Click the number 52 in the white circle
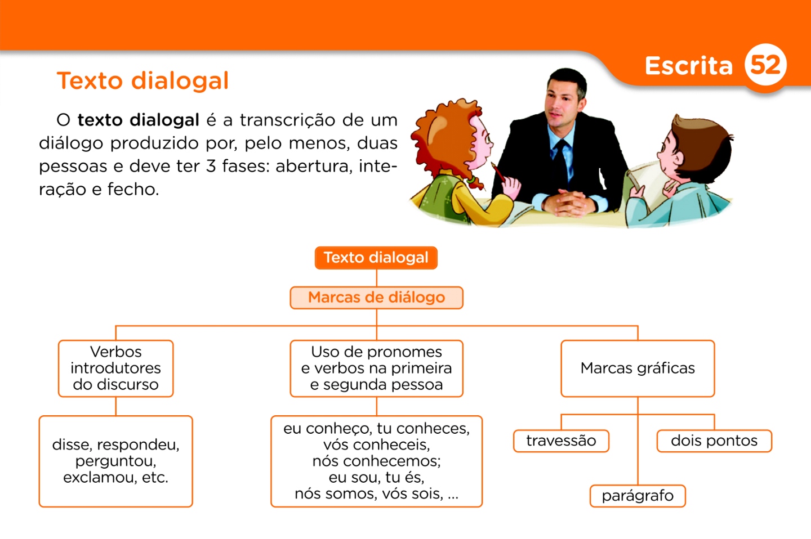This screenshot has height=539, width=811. point(765,65)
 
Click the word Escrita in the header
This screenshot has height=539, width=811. point(688,66)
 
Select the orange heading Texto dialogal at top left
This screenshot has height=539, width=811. point(142,80)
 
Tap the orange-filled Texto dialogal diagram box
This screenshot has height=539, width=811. point(376,258)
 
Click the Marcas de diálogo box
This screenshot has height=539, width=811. point(376,298)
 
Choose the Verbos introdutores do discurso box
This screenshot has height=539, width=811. point(115,368)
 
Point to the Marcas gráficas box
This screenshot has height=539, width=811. point(638,368)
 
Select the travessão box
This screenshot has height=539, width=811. point(561,441)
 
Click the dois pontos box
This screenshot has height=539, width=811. point(714,441)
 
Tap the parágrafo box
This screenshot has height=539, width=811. point(638,496)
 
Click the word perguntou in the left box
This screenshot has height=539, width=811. point(115,461)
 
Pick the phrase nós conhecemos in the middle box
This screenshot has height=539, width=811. point(376,461)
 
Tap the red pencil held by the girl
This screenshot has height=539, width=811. point(498,172)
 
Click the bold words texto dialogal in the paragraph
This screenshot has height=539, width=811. point(138,120)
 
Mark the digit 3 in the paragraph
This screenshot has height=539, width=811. point(211,166)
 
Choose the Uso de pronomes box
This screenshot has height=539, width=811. point(376,368)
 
